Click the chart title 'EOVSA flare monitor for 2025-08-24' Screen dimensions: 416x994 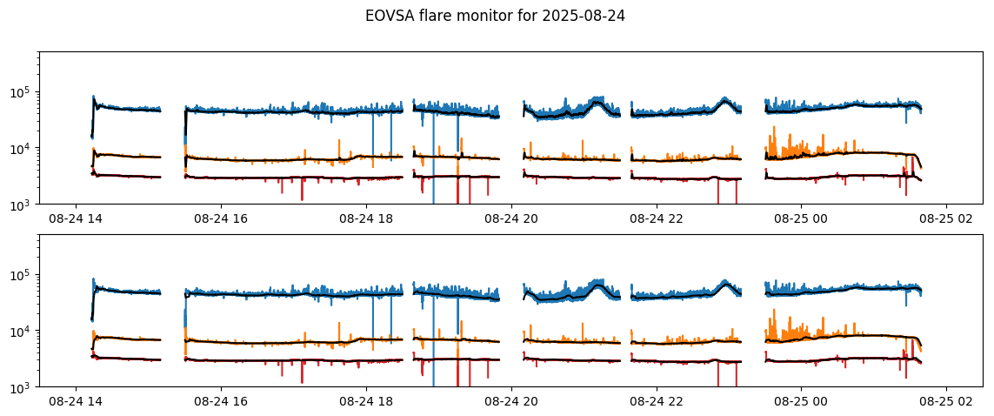pyautogui.click(x=495, y=16)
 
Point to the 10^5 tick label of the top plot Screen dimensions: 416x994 pyautogui.click(x=22, y=92)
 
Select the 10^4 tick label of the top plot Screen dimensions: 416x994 pyautogui.click(x=22, y=149)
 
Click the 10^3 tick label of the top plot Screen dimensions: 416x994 pyautogui.click(x=22, y=205)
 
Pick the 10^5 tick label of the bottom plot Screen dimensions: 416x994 pyautogui.click(x=22, y=275)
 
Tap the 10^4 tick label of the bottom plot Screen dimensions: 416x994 pyautogui.click(x=22, y=332)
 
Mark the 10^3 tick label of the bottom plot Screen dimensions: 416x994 pyautogui.click(x=22, y=387)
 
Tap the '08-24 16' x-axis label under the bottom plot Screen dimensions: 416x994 pyautogui.click(x=221, y=402)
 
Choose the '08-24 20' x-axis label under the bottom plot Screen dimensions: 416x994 pyautogui.click(x=511, y=402)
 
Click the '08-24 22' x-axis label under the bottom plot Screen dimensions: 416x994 pyautogui.click(x=657, y=402)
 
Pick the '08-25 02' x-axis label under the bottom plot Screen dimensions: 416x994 pyautogui.click(x=946, y=402)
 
